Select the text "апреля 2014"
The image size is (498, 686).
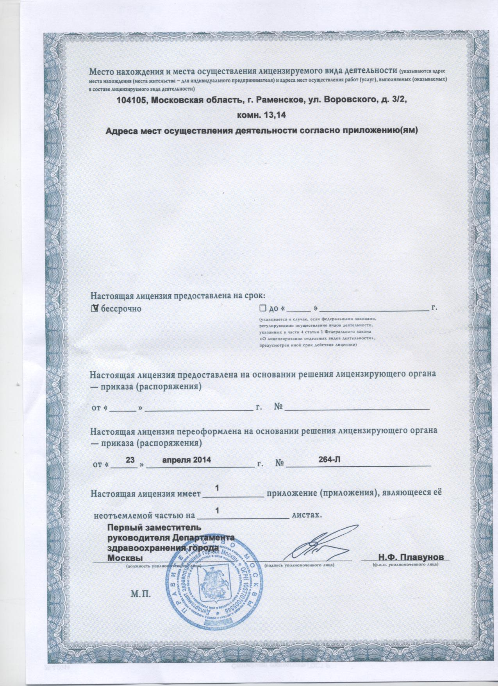click(186, 460)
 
